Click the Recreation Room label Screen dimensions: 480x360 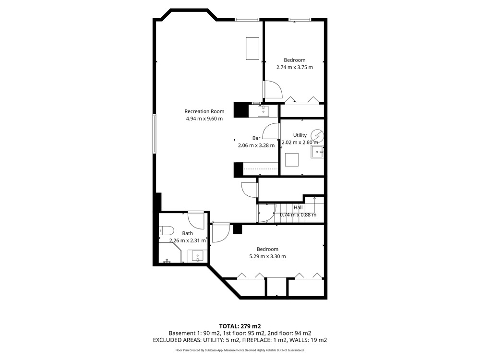tap(204, 111)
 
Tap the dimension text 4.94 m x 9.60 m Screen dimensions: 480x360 tap(204, 119)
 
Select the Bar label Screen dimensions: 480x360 tap(256, 138)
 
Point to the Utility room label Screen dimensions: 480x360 tap(300, 135)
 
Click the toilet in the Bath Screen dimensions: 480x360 tap(167, 230)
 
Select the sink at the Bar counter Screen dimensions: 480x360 tap(263, 111)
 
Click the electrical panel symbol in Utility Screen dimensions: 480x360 tap(317, 135)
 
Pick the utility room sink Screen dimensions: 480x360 tap(317, 152)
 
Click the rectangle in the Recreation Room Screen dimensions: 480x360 tap(252, 48)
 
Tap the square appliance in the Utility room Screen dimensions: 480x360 tap(292, 159)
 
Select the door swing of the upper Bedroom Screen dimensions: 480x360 tap(274, 89)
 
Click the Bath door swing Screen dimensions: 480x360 tap(196, 220)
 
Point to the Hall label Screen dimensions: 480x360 tap(298, 207)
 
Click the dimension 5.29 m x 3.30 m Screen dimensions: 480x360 tap(267, 256)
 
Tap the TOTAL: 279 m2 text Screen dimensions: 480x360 tap(240, 326)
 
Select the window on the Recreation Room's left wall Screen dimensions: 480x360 tap(154, 133)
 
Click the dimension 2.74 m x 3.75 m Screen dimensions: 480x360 tap(295, 67)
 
